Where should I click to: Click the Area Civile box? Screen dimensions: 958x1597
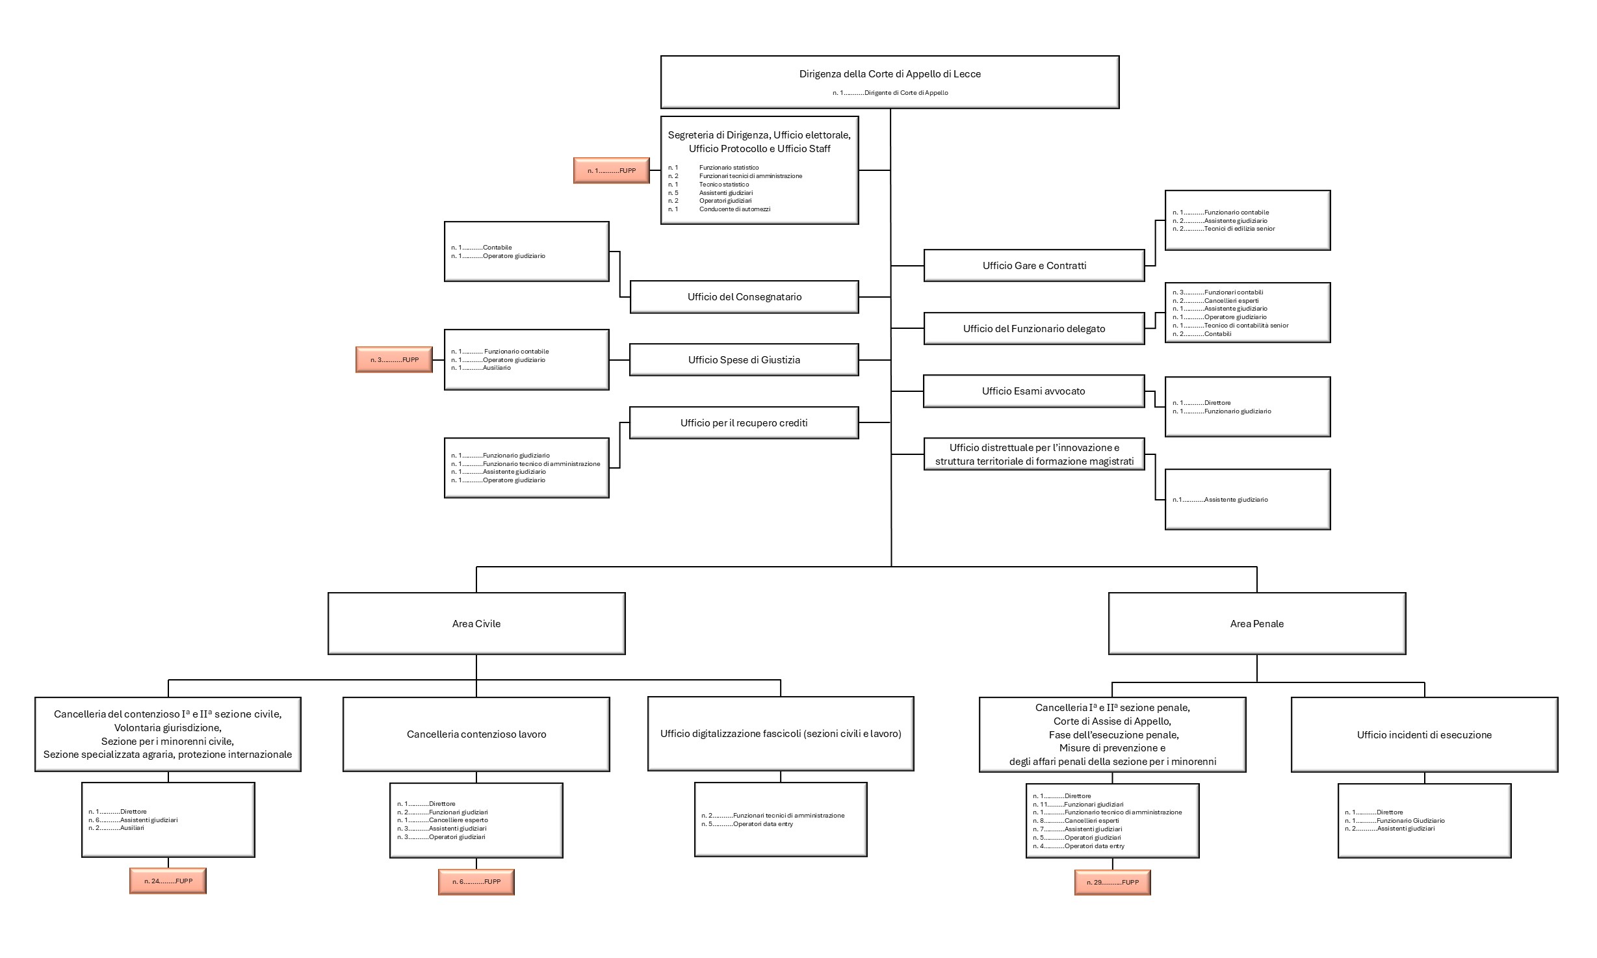point(476,623)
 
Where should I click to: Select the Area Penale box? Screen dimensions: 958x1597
point(1256,623)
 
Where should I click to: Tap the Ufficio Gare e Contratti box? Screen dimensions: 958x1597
point(1033,265)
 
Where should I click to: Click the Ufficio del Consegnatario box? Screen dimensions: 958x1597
point(744,297)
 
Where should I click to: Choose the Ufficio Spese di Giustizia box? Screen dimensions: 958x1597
point(744,360)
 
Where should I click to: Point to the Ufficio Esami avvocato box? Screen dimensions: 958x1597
point(1033,391)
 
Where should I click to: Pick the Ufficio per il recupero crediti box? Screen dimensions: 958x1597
point(744,423)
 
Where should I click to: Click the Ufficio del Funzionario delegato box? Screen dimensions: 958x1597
point(1033,329)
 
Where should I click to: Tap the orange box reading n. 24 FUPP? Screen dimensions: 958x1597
point(168,881)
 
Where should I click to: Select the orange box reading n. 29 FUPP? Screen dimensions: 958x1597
point(1112,883)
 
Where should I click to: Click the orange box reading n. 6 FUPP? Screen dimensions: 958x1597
point(476,882)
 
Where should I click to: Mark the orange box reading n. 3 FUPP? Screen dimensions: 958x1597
point(394,359)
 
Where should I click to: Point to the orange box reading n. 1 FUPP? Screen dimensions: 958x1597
point(611,170)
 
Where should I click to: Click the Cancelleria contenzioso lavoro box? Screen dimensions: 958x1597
point(476,734)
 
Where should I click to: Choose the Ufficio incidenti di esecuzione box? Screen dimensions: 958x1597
point(1424,735)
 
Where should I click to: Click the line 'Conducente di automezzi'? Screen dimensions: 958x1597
point(734,209)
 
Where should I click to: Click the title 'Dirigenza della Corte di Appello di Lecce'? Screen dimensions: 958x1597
point(890,74)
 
